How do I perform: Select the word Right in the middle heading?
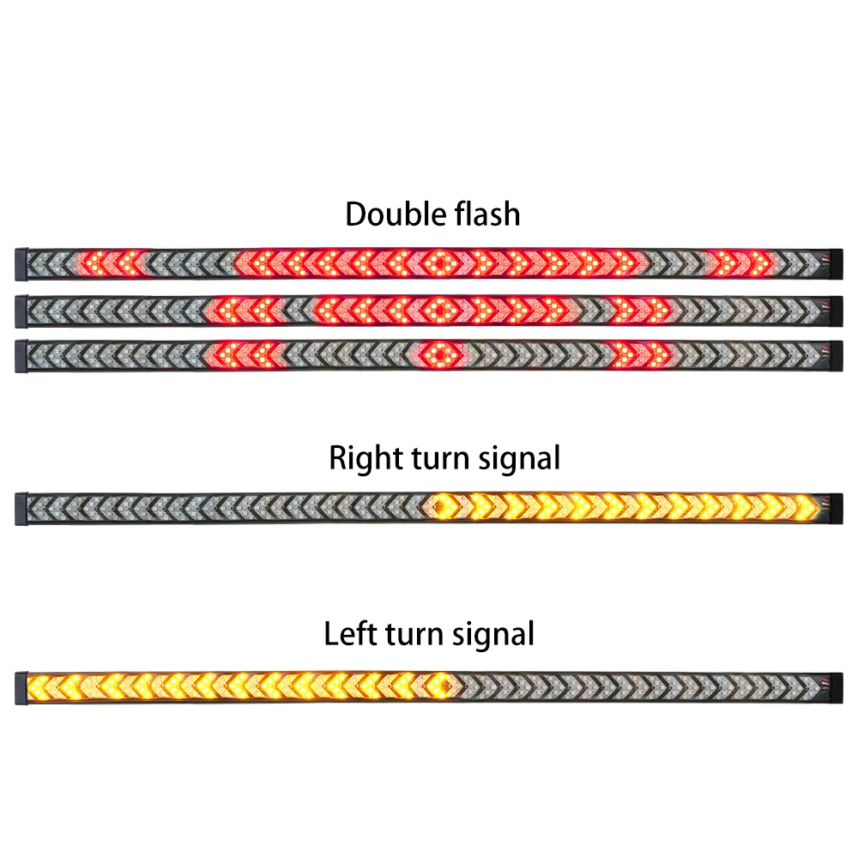(361, 459)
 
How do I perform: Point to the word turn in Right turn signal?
(432, 459)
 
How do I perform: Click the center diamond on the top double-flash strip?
(438, 262)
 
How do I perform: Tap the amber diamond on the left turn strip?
(444, 685)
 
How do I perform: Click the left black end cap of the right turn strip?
(21, 509)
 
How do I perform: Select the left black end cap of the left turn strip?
(21, 685)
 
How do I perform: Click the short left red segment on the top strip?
(112, 262)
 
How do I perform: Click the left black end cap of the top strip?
(21, 263)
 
